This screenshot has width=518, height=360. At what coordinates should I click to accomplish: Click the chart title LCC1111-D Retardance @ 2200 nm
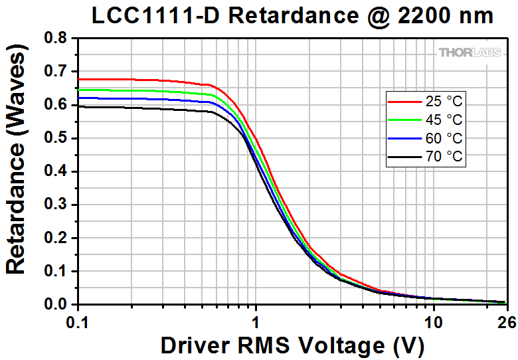click(x=292, y=16)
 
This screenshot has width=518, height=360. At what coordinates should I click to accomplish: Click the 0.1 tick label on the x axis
click(x=78, y=320)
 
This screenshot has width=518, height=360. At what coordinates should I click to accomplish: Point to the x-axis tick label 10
click(x=434, y=320)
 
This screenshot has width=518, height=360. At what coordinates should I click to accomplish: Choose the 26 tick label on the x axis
click(x=507, y=320)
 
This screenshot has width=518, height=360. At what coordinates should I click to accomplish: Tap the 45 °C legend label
click(x=445, y=120)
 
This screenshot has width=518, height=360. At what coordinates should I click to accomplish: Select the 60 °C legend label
click(x=445, y=139)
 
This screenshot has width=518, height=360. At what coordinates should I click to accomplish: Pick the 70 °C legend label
click(x=445, y=157)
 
